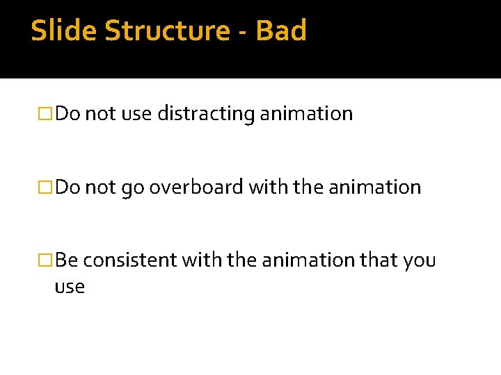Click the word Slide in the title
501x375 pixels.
click(x=57, y=31)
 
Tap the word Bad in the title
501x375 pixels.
click(x=281, y=31)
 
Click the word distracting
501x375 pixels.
click(x=206, y=114)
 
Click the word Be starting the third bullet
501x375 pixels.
click(x=67, y=260)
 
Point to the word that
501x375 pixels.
click(x=379, y=260)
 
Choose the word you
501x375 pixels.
click(x=419, y=261)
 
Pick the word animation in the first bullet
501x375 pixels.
click(x=306, y=114)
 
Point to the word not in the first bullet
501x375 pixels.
click(x=100, y=114)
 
